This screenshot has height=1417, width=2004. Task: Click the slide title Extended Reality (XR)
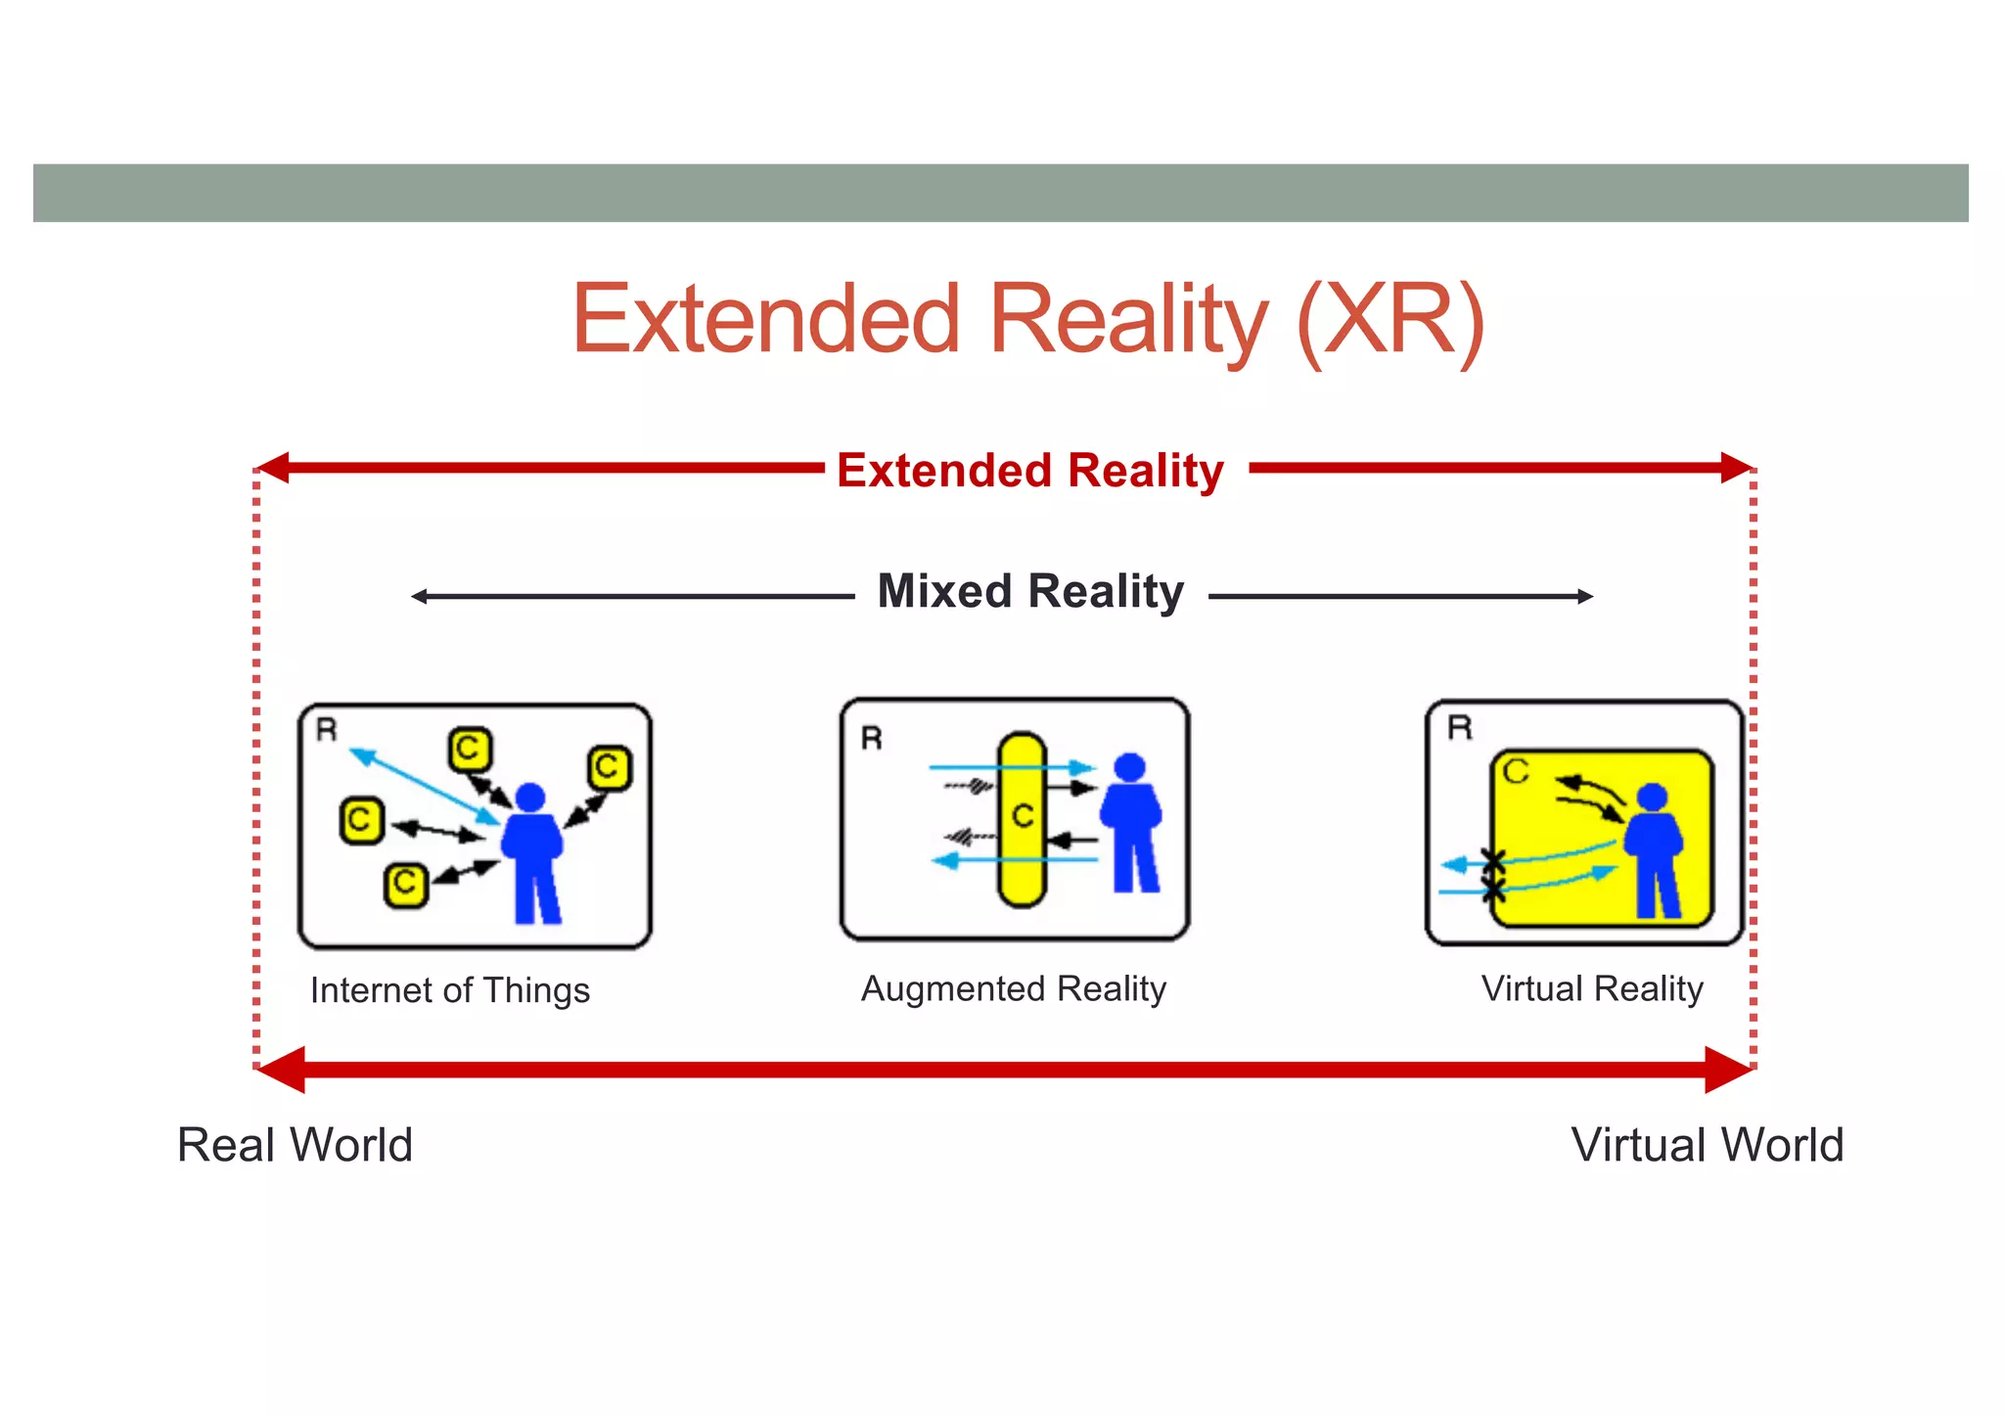coord(1027,319)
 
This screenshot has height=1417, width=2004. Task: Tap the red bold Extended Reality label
coord(1029,471)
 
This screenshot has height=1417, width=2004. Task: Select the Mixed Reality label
coord(1030,592)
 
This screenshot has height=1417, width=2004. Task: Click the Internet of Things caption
coord(449,990)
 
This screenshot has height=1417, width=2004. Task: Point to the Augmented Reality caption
coord(1013,988)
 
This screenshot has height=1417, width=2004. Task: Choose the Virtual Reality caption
coord(1592,988)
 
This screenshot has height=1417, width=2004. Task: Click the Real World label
coord(295,1145)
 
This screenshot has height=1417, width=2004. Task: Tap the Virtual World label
coord(1708,1145)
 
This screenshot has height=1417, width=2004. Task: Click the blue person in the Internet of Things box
coord(531,851)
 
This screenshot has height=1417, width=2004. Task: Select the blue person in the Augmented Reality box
coord(1131,822)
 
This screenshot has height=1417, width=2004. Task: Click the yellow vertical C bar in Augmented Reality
coord(1022,820)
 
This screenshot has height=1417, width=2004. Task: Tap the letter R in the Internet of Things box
coord(327,729)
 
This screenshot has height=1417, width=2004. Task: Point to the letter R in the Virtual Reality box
coord(1460,727)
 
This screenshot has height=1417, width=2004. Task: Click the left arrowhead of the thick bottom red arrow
coord(282,1070)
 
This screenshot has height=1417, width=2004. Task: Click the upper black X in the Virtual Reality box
coord(1493,861)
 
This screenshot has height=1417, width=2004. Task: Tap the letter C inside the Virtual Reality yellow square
coord(1516,771)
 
